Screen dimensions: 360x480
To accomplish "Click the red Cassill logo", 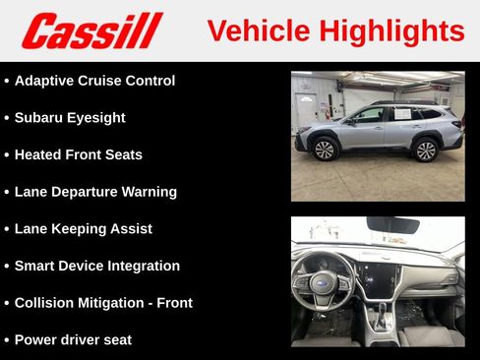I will tap(91, 30).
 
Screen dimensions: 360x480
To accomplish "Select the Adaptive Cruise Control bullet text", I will tap(94, 81).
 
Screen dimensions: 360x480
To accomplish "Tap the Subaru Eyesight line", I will tap(70, 118).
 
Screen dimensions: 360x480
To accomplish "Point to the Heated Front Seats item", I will tap(79, 154).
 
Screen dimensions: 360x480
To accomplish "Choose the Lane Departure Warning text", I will tap(95, 192).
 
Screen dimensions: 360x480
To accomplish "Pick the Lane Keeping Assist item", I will tap(84, 229).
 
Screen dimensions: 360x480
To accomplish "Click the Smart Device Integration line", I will tap(97, 266).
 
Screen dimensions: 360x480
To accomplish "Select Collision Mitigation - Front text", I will tap(103, 303).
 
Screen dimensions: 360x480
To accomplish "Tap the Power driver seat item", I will tap(73, 340).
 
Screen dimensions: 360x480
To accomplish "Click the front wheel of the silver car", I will tap(325, 150).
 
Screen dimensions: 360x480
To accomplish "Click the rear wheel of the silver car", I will tap(426, 150).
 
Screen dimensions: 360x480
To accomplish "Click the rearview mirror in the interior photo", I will tap(392, 225).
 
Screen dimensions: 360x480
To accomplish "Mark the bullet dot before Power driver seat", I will tap(7, 340).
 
